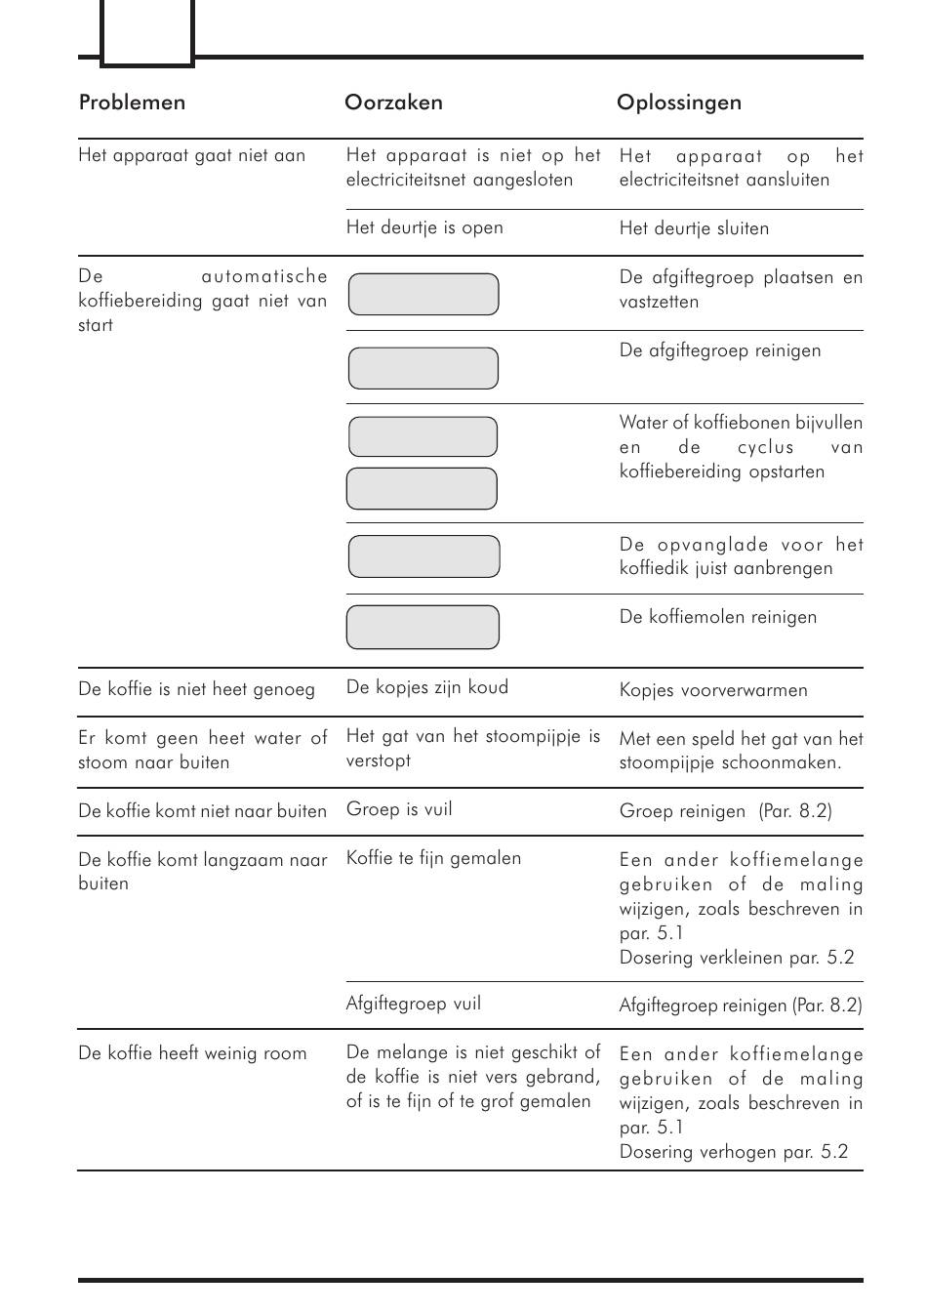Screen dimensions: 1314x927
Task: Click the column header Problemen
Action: click(132, 103)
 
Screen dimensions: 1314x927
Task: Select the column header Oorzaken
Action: click(393, 103)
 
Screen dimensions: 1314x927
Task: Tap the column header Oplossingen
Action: click(678, 103)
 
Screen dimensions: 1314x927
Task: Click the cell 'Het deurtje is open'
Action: click(424, 227)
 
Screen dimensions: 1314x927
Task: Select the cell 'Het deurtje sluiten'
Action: click(694, 228)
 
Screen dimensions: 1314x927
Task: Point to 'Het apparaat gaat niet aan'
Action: click(191, 155)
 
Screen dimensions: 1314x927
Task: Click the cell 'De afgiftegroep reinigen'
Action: click(719, 350)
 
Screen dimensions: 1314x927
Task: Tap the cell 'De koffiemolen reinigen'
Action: click(717, 617)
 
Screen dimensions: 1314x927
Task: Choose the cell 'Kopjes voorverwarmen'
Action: click(713, 690)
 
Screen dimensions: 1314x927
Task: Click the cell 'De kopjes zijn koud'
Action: click(426, 687)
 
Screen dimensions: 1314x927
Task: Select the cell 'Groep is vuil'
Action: click(399, 809)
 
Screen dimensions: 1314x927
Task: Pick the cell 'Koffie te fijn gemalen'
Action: click(433, 858)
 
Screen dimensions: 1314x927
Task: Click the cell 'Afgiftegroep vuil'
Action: click(413, 1004)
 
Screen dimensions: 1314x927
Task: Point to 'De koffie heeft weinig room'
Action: click(192, 1053)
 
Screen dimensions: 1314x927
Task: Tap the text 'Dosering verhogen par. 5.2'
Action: click(734, 1152)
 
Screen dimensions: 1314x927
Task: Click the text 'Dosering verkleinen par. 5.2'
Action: click(737, 958)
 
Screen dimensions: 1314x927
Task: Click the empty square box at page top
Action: click(147, 32)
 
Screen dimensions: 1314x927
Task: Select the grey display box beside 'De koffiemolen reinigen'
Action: click(423, 627)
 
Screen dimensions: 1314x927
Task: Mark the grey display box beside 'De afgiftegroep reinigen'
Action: click(423, 368)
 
